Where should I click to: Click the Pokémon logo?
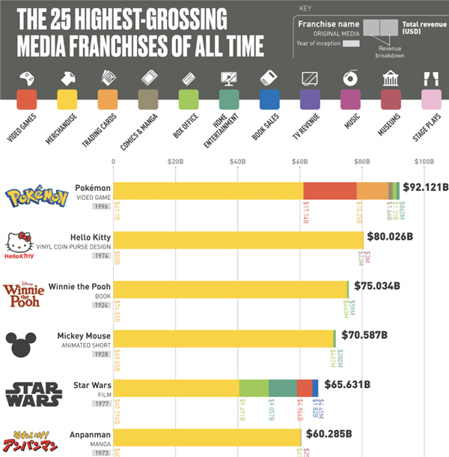(x=37, y=197)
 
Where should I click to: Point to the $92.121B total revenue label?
(x=425, y=187)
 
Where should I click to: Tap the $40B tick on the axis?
(x=238, y=161)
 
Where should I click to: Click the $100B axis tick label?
(x=424, y=161)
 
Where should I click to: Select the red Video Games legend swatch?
(x=28, y=99)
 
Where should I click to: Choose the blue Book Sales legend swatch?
(x=270, y=99)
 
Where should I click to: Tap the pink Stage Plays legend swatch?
(x=431, y=99)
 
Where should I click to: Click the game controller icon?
(x=27, y=79)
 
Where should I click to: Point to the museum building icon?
(x=390, y=79)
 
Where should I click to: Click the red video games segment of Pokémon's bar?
(x=329, y=191)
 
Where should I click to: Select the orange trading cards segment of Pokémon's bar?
(x=372, y=191)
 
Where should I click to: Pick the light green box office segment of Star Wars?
(x=254, y=387)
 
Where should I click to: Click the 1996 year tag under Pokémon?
(x=102, y=206)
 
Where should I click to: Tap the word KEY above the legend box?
(x=305, y=9)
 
